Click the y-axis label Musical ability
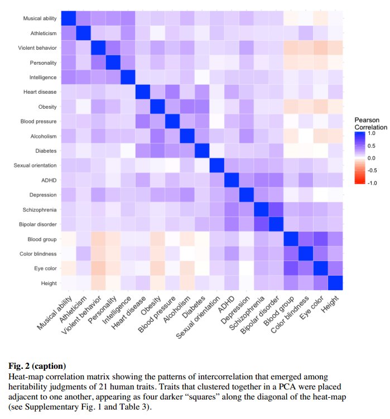40,18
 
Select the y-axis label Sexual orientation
36,166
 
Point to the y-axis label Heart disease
41,92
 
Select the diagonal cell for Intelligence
128,78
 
